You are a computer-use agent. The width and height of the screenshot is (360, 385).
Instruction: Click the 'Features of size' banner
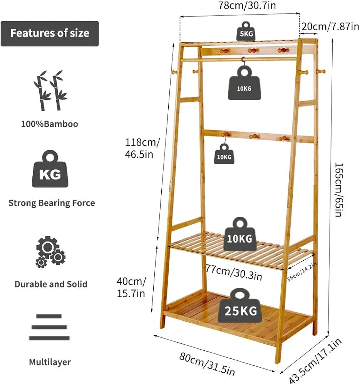(x=50, y=33)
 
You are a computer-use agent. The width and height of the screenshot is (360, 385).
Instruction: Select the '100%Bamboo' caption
(x=50, y=124)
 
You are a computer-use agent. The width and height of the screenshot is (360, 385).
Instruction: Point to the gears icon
(x=50, y=252)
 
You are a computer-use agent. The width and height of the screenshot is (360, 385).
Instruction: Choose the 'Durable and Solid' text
(x=51, y=284)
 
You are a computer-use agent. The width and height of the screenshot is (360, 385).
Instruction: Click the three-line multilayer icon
(x=49, y=327)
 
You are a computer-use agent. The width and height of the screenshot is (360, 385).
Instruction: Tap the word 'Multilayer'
(x=50, y=362)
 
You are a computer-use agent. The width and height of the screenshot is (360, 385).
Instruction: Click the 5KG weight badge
(x=246, y=31)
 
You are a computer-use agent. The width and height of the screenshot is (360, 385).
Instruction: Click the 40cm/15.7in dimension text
(x=131, y=287)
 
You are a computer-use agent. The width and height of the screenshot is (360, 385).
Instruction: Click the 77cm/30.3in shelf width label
(x=234, y=273)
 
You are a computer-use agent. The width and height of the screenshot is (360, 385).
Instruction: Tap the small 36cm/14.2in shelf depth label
(x=301, y=271)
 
